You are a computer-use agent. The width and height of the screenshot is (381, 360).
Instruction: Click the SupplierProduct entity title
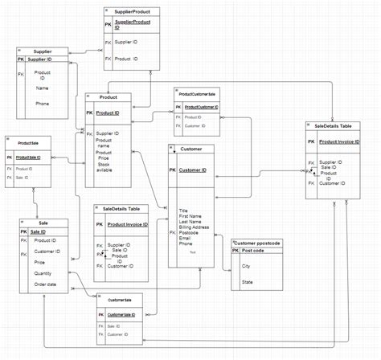(x=132, y=13)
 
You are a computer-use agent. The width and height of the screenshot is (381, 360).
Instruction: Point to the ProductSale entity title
(x=28, y=142)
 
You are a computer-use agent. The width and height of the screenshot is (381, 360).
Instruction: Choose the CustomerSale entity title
(x=120, y=300)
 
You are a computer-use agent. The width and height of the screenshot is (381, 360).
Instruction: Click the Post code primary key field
(x=254, y=251)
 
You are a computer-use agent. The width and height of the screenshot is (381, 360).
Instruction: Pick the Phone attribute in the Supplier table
(x=43, y=104)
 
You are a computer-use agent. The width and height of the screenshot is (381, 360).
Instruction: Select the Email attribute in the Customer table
(x=186, y=238)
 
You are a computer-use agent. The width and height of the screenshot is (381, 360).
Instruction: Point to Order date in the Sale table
(x=45, y=284)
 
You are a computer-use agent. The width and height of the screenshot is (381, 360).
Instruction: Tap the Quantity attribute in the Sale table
(x=44, y=272)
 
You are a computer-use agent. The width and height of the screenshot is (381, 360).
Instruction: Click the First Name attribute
(x=190, y=216)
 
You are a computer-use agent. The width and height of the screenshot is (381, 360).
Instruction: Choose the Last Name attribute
(x=190, y=222)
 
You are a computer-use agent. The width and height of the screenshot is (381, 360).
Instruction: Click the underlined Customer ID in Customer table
(x=193, y=170)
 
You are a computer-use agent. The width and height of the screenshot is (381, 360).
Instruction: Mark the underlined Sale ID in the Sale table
(x=38, y=231)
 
